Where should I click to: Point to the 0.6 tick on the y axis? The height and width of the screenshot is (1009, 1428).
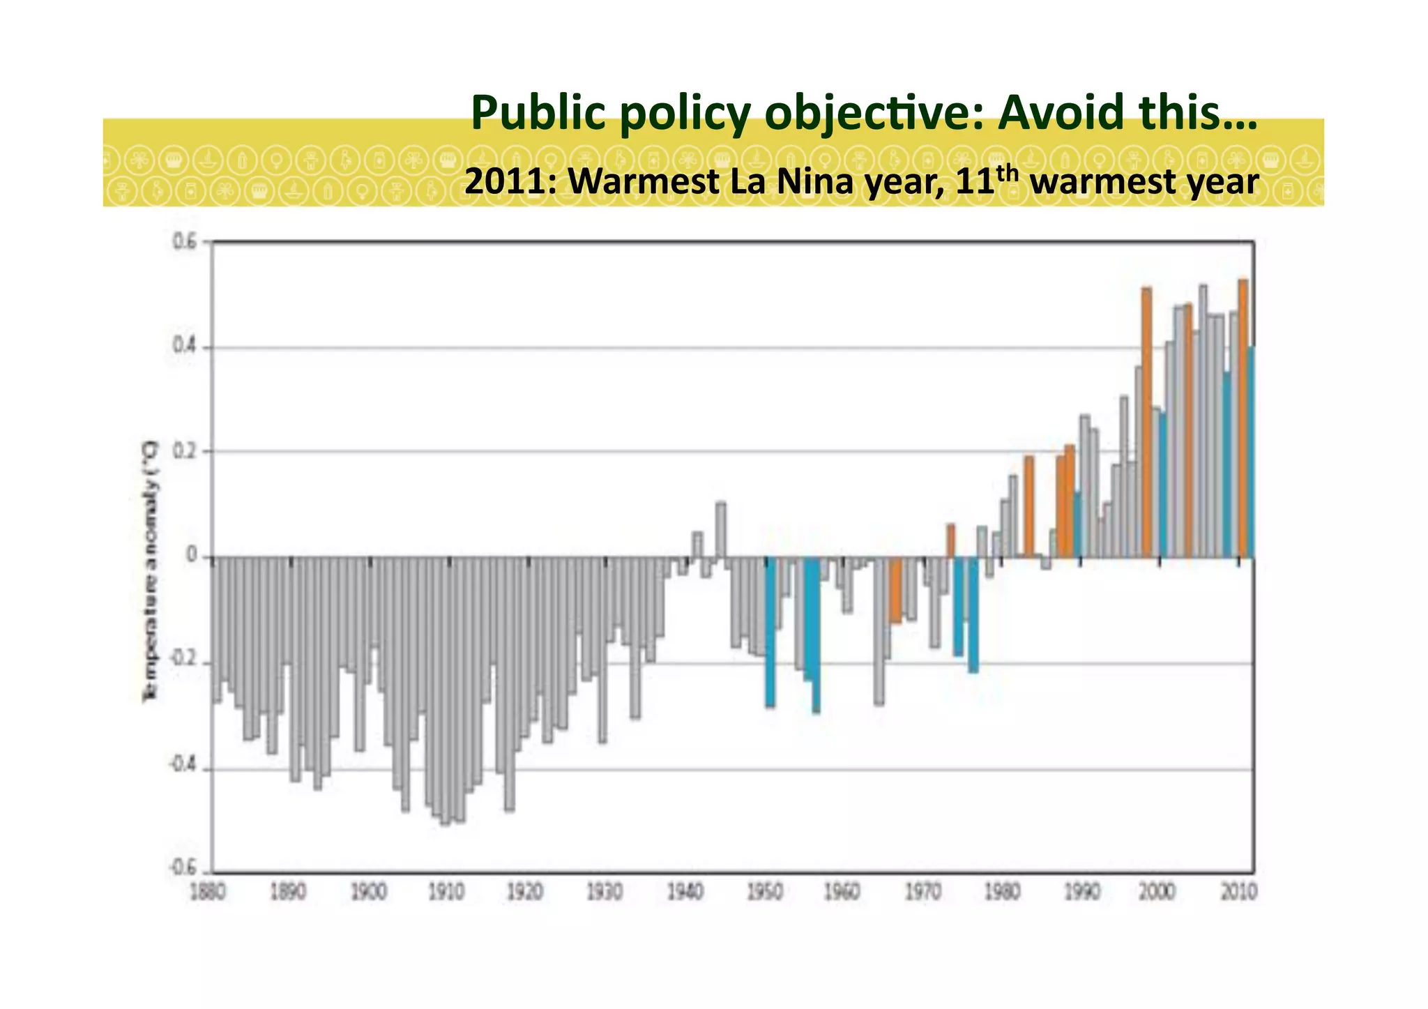(x=184, y=241)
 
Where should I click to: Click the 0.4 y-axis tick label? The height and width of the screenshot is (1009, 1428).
(x=184, y=347)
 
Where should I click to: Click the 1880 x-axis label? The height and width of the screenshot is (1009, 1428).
(x=207, y=892)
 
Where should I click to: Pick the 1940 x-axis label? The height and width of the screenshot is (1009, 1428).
(x=685, y=892)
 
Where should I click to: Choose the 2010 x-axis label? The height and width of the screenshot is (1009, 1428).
(x=1238, y=892)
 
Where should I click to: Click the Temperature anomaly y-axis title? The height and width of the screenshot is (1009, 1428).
(x=151, y=572)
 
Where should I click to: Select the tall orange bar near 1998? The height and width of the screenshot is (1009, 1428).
(x=1146, y=422)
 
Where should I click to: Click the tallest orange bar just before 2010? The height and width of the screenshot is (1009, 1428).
(x=1243, y=418)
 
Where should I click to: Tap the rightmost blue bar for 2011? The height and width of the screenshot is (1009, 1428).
(x=1251, y=453)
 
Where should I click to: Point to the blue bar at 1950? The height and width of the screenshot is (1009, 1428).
(x=770, y=631)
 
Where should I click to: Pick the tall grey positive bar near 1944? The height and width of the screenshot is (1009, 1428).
(x=721, y=530)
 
